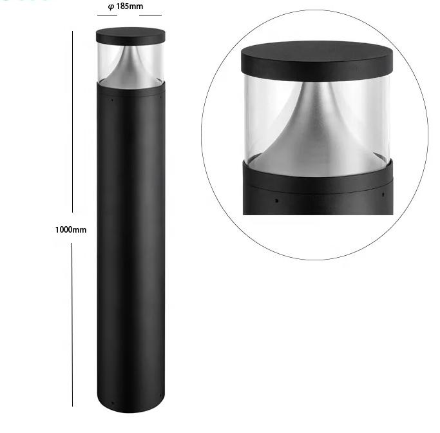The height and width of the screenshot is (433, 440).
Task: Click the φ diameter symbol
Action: [111, 6]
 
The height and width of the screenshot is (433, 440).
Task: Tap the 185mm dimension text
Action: [129, 6]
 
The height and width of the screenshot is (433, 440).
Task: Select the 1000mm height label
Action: [71, 230]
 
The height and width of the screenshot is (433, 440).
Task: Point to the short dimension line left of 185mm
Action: [107, 15]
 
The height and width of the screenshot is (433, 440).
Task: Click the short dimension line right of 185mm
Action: [150, 15]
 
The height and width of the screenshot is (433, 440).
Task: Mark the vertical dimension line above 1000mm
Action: [72, 122]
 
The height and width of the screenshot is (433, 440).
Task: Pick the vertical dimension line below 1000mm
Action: [72, 325]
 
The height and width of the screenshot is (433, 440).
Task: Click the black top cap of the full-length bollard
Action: [131, 35]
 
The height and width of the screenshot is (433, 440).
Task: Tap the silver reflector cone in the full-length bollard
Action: [131, 68]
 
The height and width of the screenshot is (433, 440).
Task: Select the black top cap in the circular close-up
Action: [317, 60]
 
